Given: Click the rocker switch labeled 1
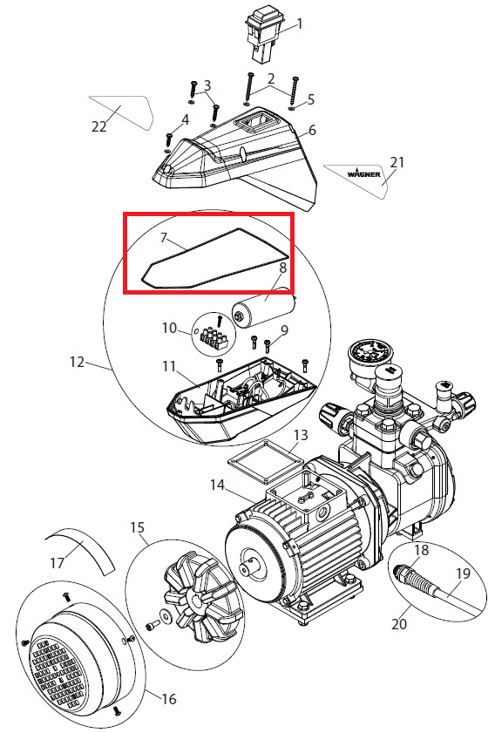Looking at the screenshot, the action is point(264,37).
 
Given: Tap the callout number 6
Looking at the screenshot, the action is point(313,130).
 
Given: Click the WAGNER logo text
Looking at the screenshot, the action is point(363,173).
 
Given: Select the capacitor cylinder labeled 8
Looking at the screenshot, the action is point(264,311).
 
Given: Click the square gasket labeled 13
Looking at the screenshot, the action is point(264,463).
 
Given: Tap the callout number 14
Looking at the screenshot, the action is point(218,485).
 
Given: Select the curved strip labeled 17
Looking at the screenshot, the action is point(82,550).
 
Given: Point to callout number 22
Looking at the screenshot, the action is point(99,126).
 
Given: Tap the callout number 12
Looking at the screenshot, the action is point(78,363).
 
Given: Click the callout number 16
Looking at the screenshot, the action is point(169,699).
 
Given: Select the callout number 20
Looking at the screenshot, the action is point(399,624).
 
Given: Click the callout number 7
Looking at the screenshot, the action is point(163,238).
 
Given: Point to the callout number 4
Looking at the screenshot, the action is point(185,120).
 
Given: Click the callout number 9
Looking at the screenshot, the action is point(284,331).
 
